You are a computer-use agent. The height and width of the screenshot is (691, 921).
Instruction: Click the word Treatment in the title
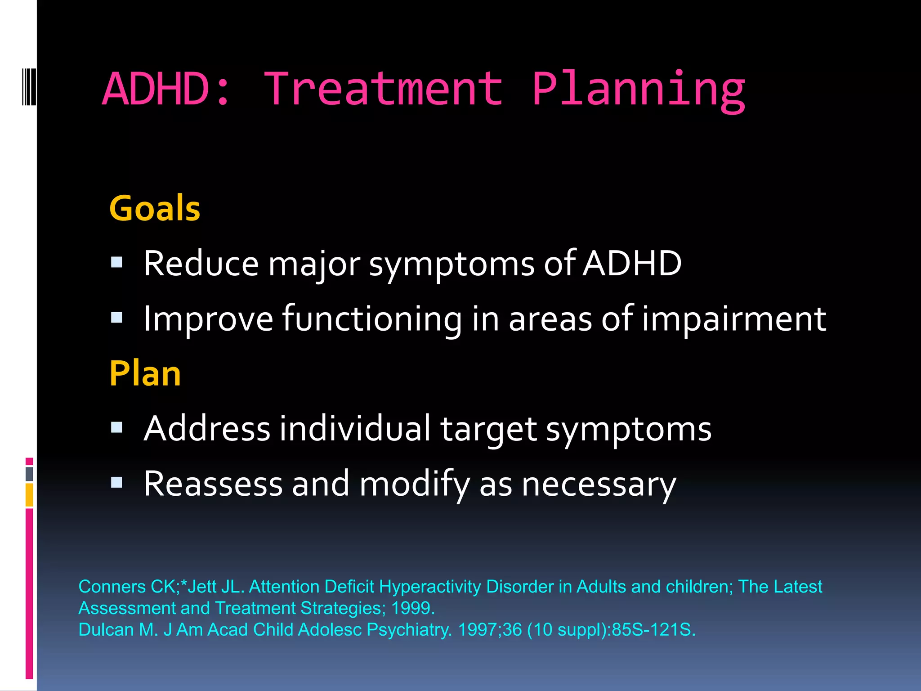click(x=383, y=89)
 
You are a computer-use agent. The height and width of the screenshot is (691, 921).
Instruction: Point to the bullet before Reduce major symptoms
click(x=117, y=262)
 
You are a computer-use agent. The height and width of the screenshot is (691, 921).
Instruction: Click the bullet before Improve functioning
click(x=117, y=318)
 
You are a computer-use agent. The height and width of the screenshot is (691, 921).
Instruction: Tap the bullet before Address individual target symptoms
click(x=117, y=427)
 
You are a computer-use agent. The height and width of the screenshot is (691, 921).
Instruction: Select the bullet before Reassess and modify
click(x=117, y=483)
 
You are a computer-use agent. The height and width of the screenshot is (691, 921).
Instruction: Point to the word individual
click(x=355, y=428)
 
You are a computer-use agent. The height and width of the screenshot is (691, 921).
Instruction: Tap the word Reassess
click(x=213, y=484)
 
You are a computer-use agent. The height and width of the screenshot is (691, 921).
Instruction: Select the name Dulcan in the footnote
click(x=106, y=630)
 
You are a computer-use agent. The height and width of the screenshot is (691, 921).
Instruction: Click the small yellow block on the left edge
click(x=29, y=495)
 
